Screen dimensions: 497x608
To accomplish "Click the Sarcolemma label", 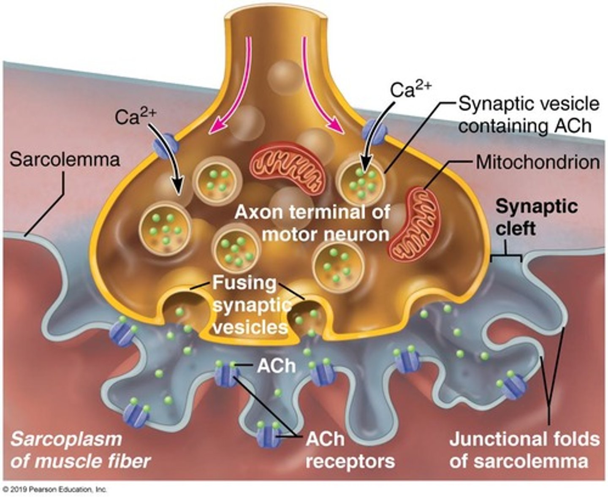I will (65, 160).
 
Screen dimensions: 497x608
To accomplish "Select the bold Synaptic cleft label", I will (536, 217).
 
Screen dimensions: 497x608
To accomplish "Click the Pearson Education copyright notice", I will (55, 490).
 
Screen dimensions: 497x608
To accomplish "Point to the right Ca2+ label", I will (410, 90).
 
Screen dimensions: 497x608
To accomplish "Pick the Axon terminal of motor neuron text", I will (312, 223).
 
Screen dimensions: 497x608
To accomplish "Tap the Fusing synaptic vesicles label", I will (249, 305).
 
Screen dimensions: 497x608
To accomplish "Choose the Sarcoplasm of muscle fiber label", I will (80, 450).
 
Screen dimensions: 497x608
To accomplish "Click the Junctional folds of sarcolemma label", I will (524, 450).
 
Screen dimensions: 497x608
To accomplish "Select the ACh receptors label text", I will (350, 450).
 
